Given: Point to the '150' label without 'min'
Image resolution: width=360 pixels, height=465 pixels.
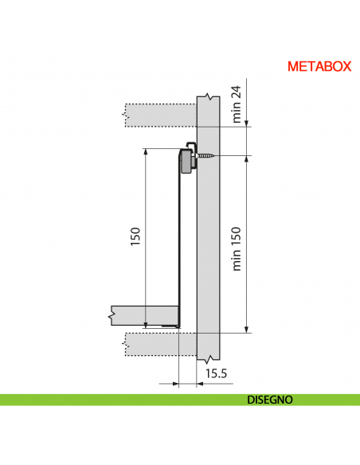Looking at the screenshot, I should pyautogui.click(x=135, y=236).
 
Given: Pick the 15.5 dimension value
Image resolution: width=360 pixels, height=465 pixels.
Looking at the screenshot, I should pyautogui.click(x=217, y=373).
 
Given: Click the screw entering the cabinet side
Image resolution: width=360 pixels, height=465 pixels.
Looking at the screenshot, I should pyautogui.click(x=208, y=155).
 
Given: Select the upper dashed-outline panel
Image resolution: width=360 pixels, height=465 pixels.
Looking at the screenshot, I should pyautogui.click(x=159, y=114).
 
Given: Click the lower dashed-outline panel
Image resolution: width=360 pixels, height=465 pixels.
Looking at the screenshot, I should pyautogui.click(x=159, y=344).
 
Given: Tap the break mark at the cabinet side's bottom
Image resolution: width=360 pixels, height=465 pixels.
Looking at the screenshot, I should pyautogui.click(x=208, y=358).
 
